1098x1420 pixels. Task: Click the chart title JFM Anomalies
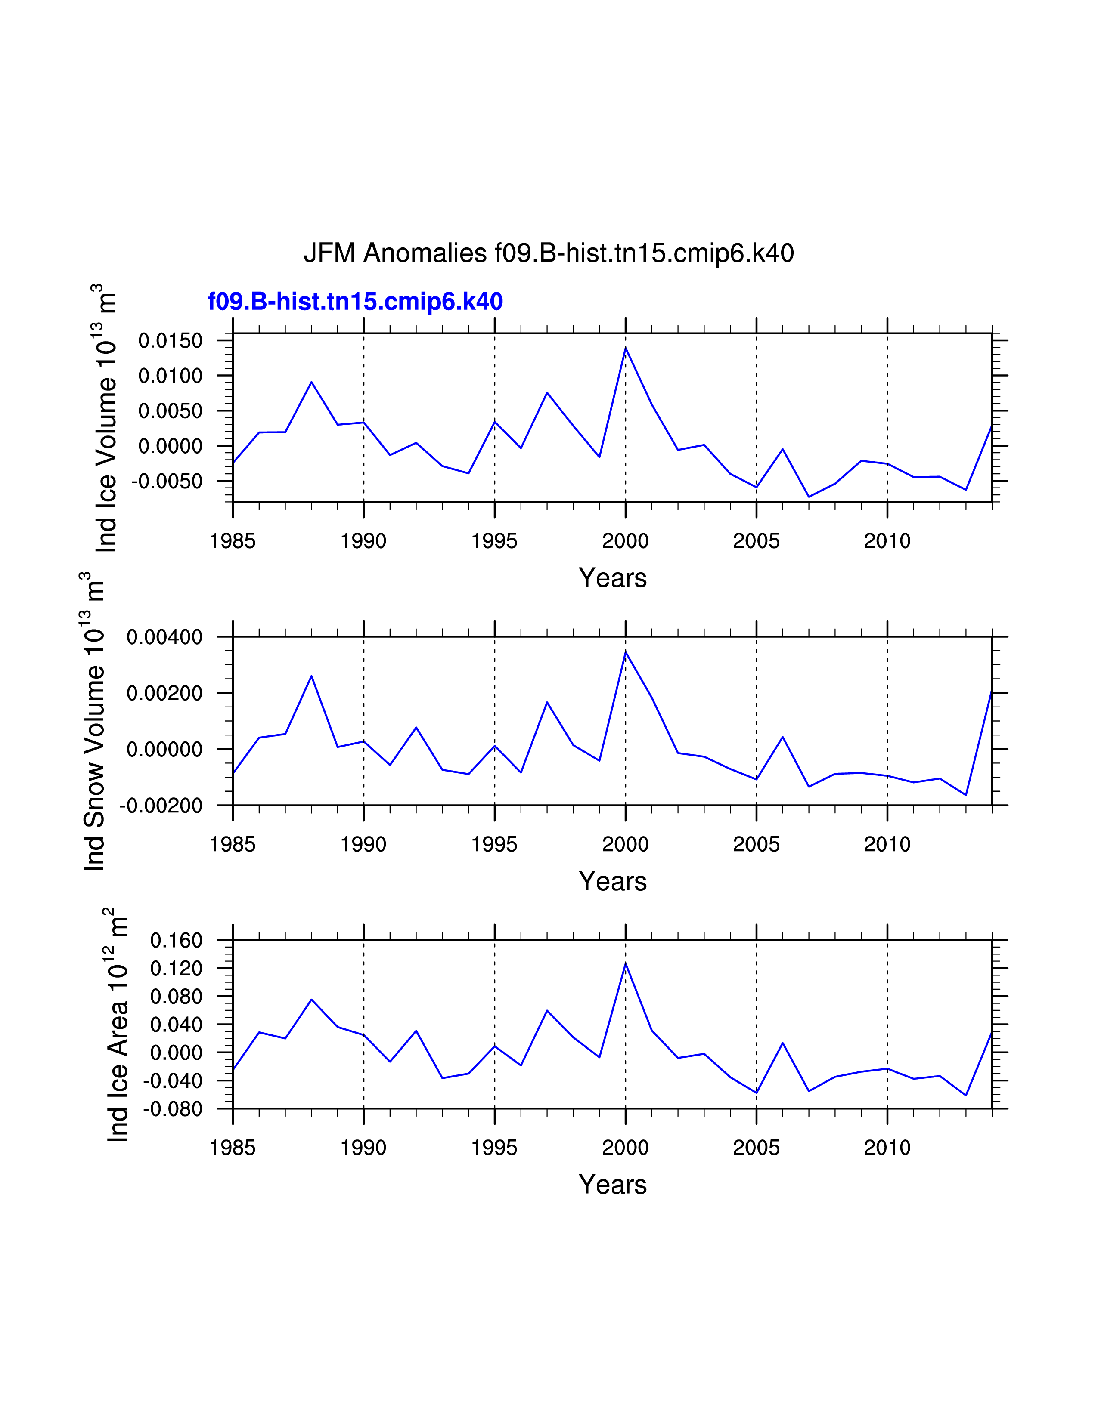[x=548, y=253]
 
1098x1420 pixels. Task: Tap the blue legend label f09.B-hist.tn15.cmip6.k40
[x=355, y=302]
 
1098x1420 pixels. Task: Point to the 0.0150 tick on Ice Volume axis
[x=171, y=341]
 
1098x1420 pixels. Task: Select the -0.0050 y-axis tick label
[x=167, y=481]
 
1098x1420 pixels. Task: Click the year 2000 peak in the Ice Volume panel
[x=626, y=348]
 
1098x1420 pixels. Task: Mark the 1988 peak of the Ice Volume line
[x=312, y=382]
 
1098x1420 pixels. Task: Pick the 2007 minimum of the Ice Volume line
[x=809, y=497]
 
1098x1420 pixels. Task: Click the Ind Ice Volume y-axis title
[x=106, y=419]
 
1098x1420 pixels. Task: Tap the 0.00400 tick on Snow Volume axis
[x=164, y=637]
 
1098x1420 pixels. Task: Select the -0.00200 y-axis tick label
[x=161, y=806]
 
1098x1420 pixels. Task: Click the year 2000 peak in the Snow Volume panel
[x=626, y=651]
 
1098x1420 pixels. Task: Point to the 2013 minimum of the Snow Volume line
[x=966, y=794]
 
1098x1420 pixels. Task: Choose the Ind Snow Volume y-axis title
[x=94, y=722]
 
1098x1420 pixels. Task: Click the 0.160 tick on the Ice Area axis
[x=176, y=940]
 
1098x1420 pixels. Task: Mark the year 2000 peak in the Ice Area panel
[x=626, y=963]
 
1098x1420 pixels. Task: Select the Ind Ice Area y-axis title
[x=118, y=1025]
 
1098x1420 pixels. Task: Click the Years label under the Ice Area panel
[x=613, y=1185]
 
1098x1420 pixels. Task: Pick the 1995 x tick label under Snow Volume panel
[x=494, y=845]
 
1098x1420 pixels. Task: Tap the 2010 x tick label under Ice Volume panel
[x=887, y=541]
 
